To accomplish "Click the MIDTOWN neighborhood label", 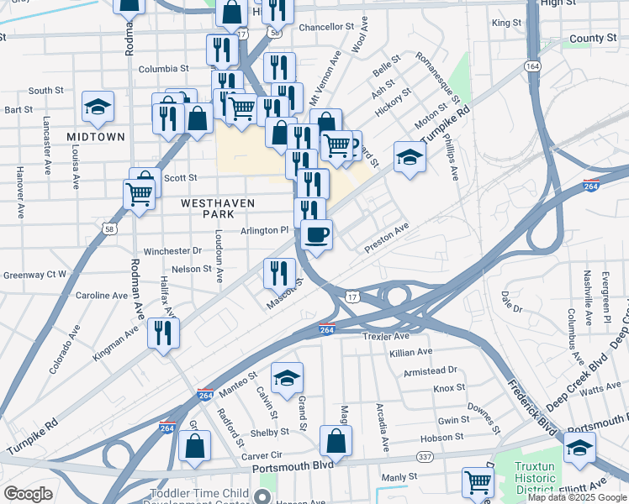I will click(x=96, y=136).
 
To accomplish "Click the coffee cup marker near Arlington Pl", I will click(x=316, y=234).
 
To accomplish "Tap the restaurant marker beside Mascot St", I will click(x=279, y=272).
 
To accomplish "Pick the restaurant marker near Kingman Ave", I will click(x=162, y=333).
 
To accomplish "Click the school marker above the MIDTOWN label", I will click(x=98, y=106).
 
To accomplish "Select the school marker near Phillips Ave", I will click(x=410, y=157).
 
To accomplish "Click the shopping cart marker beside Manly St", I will click(x=478, y=482).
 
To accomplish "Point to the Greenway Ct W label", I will click(x=34, y=274).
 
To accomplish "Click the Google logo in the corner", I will click(x=28, y=494).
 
